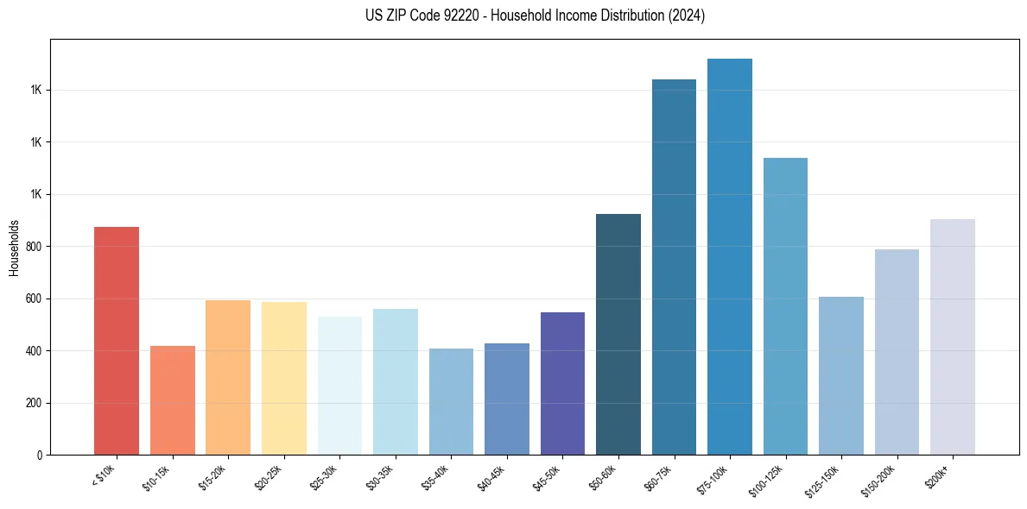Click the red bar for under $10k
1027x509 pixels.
coord(117,341)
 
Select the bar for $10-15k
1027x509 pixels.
coord(173,400)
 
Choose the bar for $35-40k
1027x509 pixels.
coord(451,402)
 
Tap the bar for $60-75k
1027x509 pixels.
coord(674,267)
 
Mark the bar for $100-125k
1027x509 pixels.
coord(785,306)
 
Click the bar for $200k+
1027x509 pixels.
coord(953,337)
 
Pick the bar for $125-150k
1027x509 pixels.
coord(841,376)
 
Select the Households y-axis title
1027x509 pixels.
coord(14,248)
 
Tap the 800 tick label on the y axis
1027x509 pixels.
coord(34,247)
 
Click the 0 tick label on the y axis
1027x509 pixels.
coord(40,456)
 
